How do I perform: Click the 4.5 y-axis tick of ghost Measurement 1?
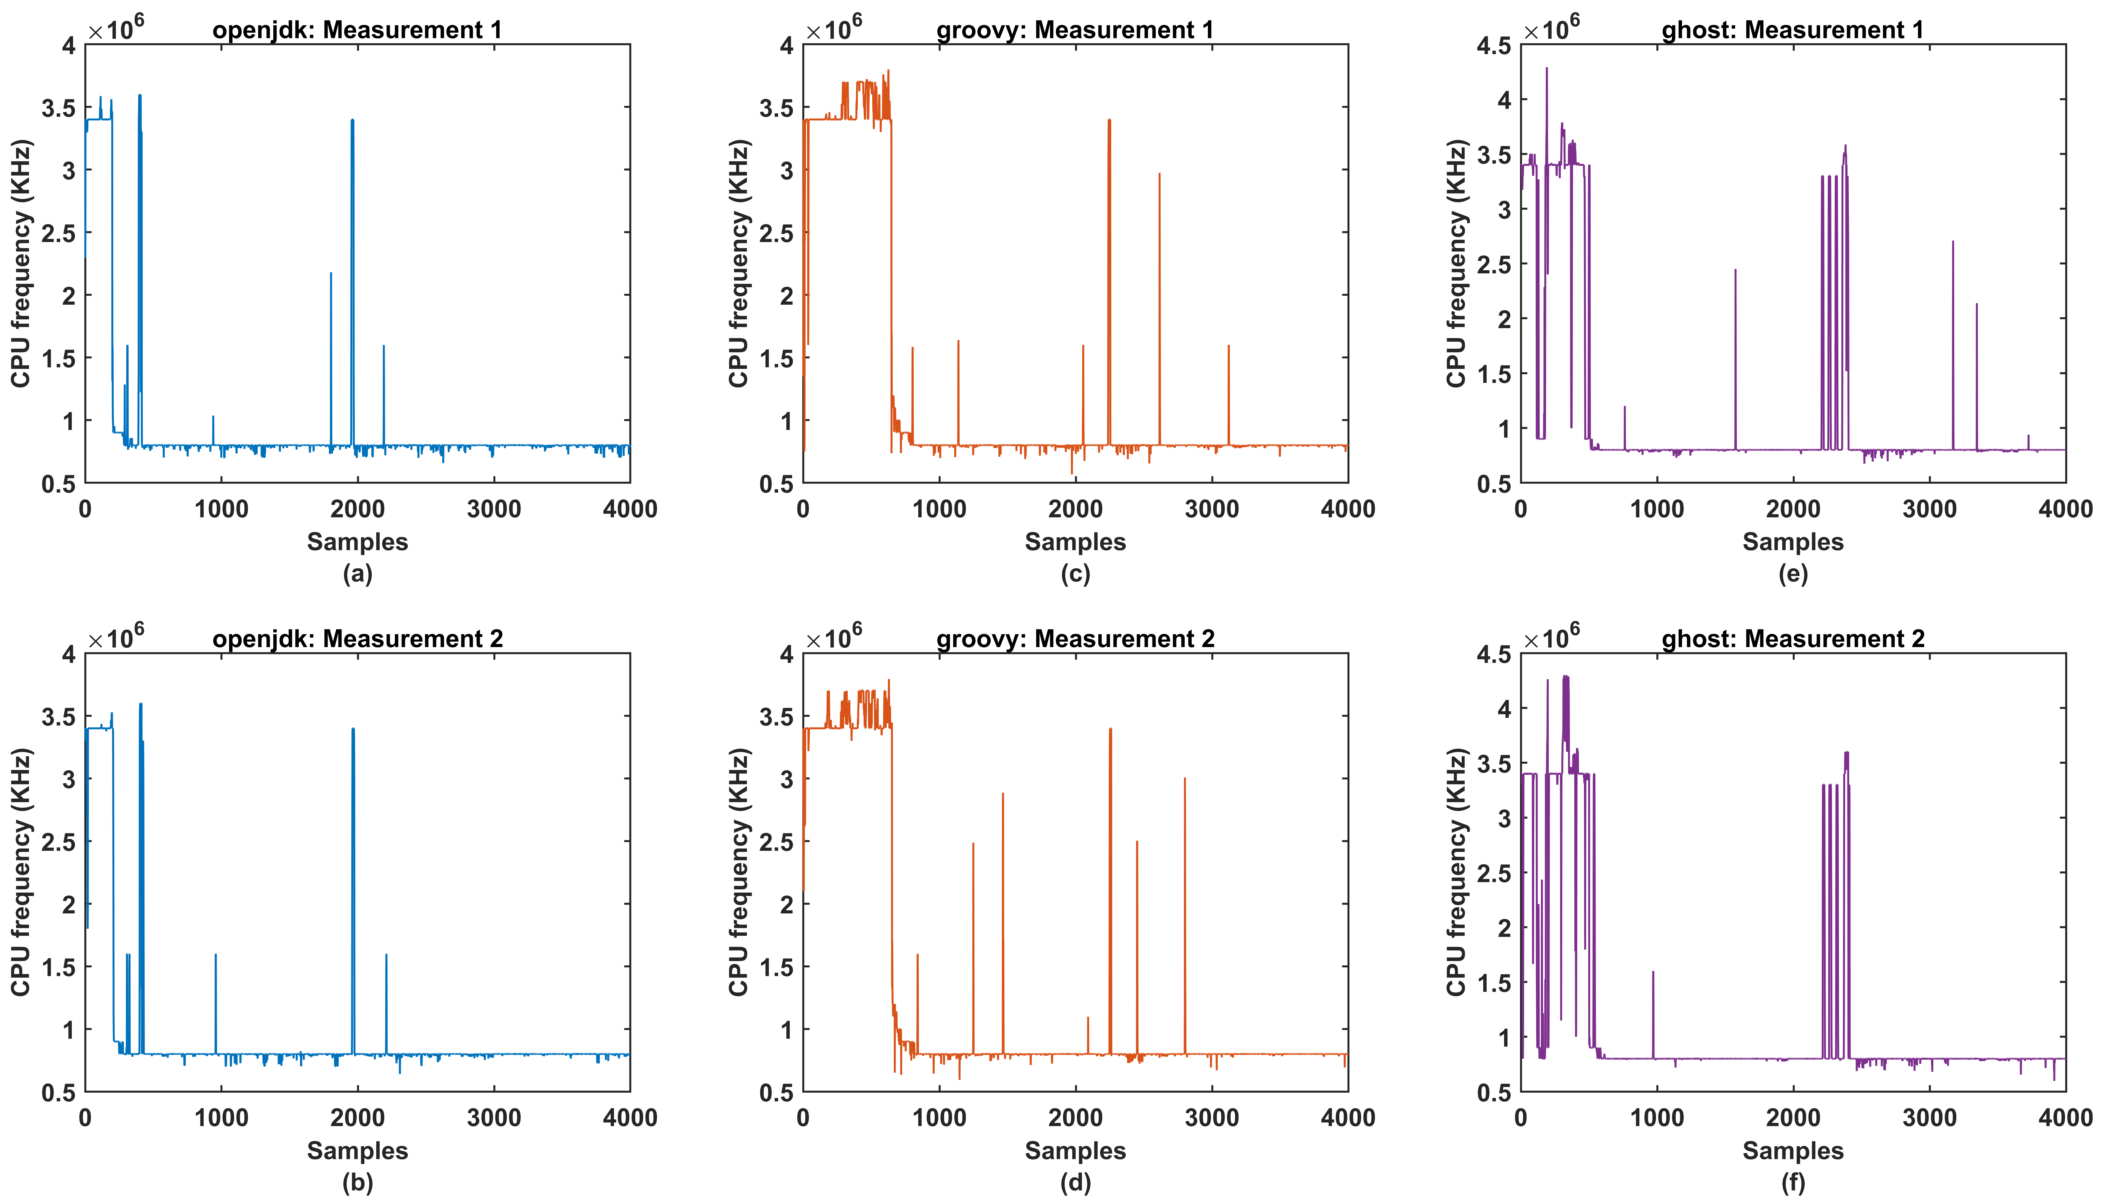click(x=1493, y=45)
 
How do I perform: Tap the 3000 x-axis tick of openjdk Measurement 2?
click(x=493, y=1118)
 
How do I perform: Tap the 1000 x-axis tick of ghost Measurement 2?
click(x=1657, y=1118)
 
